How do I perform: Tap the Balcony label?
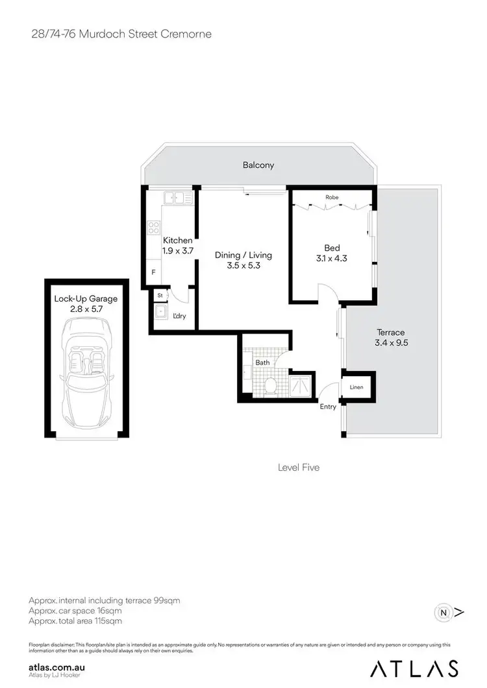click(x=258, y=165)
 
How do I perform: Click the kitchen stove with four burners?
click(x=155, y=228)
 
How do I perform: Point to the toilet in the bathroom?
click(x=271, y=386)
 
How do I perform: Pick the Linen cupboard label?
click(x=356, y=388)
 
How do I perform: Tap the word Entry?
click(x=328, y=407)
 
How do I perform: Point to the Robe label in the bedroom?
click(x=332, y=197)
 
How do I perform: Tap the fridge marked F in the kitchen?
click(x=153, y=272)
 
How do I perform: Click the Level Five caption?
click(x=298, y=467)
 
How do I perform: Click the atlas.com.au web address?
click(x=57, y=666)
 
